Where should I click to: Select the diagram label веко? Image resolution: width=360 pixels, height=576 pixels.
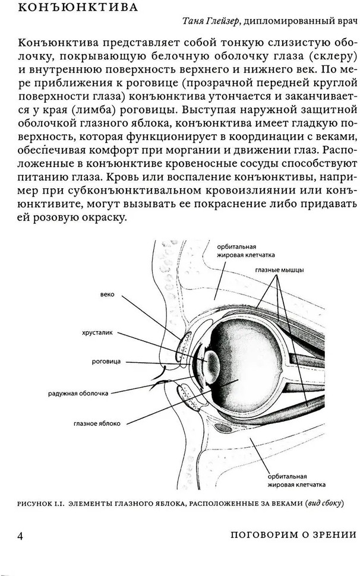107,295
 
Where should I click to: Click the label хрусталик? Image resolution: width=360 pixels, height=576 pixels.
97,333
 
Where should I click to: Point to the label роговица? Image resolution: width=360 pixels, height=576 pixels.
106,362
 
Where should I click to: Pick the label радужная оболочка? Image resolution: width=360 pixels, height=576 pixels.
78,394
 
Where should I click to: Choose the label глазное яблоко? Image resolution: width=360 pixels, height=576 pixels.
97,423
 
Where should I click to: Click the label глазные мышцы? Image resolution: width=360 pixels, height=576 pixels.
280,270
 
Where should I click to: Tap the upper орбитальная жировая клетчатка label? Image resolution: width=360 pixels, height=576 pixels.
246,251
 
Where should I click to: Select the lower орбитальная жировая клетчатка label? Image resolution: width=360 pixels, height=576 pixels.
296,481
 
